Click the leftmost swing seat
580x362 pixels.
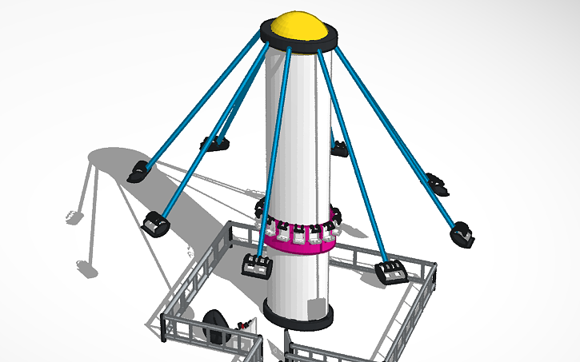tap(138, 171)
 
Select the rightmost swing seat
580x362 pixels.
tap(462, 233)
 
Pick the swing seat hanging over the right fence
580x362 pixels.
tap(393, 272)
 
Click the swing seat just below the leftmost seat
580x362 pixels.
tap(155, 223)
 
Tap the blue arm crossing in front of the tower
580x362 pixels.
tap(272, 152)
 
